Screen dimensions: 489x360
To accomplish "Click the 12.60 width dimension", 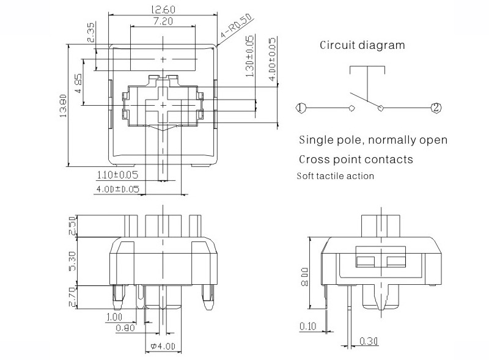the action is [x=163, y=9].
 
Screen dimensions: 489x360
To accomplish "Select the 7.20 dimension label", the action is [x=163, y=21].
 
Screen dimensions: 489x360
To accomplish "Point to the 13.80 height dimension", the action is [x=64, y=106].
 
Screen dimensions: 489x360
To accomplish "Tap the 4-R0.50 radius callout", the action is [x=237, y=26].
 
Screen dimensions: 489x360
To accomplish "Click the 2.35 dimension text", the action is [x=90, y=32].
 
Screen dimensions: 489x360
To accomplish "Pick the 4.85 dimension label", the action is [x=78, y=83].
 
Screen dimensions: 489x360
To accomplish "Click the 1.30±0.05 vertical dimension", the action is [x=250, y=56].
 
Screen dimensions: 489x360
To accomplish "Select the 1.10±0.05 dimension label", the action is [x=117, y=175].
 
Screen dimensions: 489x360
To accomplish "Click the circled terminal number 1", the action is [x=300, y=108].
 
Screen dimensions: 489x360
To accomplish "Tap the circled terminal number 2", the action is [x=436, y=108].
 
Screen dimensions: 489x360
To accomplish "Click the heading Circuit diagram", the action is [x=362, y=45].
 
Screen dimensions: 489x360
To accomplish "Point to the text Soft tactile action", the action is [x=335, y=176].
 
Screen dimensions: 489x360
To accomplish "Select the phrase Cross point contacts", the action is [x=356, y=160].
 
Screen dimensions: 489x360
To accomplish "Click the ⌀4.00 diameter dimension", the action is [x=163, y=346].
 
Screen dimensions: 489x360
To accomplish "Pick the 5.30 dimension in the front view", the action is [x=72, y=261].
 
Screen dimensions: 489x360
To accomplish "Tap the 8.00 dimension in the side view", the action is [x=304, y=277].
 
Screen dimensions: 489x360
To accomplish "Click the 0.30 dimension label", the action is [x=369, y=341].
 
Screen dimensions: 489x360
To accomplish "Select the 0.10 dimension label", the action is [x=308, y=326].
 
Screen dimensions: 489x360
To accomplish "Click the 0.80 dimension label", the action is [x=125, y=328].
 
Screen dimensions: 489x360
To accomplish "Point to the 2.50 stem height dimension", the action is [x=72, y=226].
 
